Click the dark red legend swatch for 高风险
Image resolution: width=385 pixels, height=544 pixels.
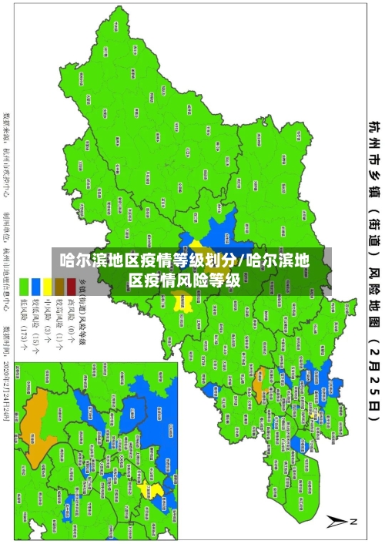click(x=71, y=282)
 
